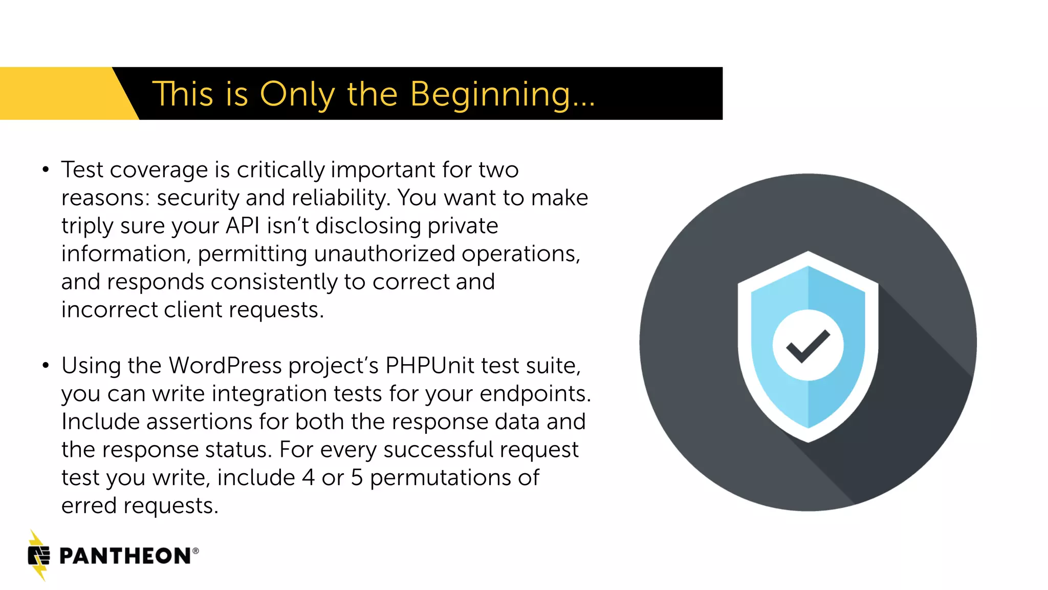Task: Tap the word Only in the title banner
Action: (x=297, y=95)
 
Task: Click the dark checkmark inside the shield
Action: (x=808, y=346)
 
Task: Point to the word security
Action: (x=198, y=198)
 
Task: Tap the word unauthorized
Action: (x=384, y=254)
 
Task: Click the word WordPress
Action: (x=225, y=366)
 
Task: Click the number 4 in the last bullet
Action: (x=308, y=478)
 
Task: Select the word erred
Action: (x=89, y=506)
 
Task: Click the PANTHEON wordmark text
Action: (x=125, y=556)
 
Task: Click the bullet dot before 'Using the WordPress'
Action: (x=46, y=366)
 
